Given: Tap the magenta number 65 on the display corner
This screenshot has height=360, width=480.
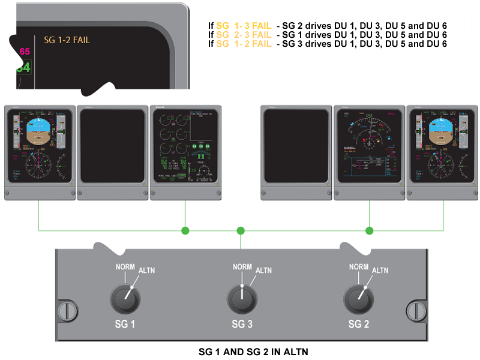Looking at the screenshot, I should pyautogui.click(x=25, y=52).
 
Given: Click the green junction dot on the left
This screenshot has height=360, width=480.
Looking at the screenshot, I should pyautogui.click(x=185, y=230).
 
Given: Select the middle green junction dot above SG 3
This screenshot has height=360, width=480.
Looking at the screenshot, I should pyautogui.click(x=241, y=230).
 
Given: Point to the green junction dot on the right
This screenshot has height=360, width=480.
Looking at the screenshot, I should pyautogui.click(x=370, y=230).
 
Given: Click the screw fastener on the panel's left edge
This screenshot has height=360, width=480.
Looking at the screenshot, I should pyautogui.click(x=67, y=310).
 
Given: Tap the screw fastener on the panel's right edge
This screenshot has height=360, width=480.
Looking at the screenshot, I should pyautogui.click(x=415, y=310).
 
